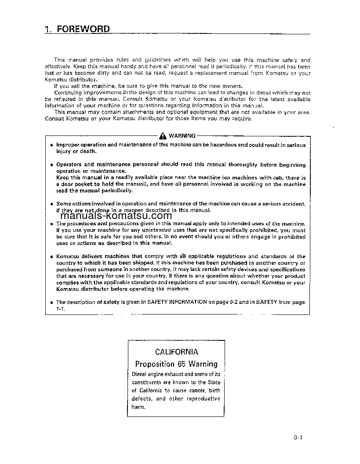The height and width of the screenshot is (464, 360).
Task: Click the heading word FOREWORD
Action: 83,29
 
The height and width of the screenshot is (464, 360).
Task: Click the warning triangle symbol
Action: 163,136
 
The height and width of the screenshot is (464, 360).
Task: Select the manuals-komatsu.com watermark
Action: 116,216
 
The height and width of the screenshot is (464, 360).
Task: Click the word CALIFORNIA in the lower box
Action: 177,352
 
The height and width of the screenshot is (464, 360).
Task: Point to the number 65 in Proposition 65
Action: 182,364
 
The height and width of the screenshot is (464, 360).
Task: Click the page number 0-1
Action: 299,437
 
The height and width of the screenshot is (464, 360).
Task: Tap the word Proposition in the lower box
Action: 155,364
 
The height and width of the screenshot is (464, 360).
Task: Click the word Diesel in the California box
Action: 140,374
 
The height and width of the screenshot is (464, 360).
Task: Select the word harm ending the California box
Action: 138,407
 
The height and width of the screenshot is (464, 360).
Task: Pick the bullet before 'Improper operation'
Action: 51,145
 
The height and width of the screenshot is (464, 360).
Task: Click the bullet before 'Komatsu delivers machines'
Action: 51,256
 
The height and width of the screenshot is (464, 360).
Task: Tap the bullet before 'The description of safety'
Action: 51,303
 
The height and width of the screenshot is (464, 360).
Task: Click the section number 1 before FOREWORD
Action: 47,29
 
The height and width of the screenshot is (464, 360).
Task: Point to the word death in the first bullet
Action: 88,151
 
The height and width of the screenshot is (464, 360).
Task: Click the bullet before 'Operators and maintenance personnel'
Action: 51,165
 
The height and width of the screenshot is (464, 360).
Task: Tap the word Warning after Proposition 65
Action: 203,364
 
